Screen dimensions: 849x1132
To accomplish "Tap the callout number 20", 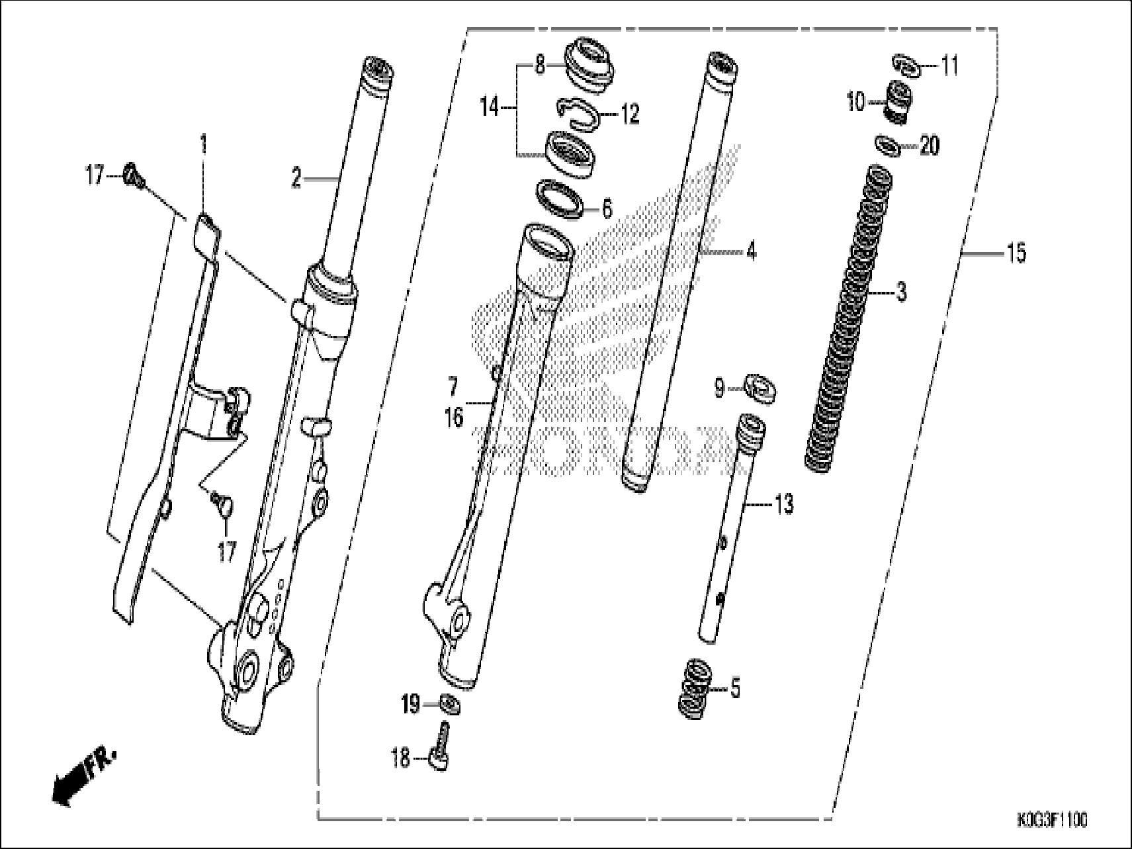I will tap(929, 146).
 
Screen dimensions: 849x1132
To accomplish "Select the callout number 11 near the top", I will tap(949, 66).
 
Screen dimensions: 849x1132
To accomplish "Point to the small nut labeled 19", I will tap(450, 704).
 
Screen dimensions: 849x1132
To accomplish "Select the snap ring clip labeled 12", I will tap(578, 112).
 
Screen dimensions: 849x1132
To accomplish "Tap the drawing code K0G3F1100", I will tap(1051, 821).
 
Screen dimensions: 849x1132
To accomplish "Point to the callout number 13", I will tap(783, 504).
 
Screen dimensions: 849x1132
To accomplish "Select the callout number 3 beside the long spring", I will tap(900, 292).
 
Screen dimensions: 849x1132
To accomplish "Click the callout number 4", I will tap(750, 251).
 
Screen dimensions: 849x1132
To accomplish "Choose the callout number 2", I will tap(296, 177).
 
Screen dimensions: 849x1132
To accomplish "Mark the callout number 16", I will tap(453, 419).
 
